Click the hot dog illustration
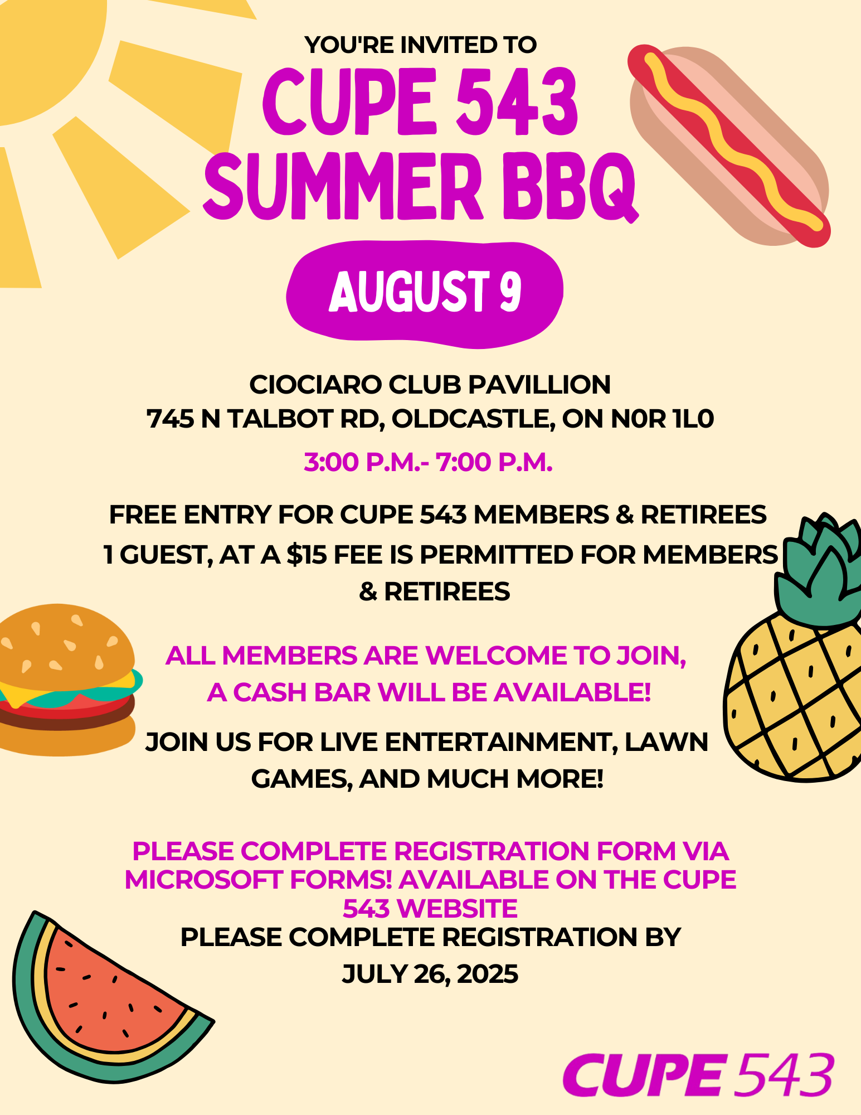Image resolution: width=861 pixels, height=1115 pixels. (729, 145)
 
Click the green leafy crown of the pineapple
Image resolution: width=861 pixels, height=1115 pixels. (819, 571)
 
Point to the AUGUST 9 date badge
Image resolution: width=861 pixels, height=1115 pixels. (425, 294)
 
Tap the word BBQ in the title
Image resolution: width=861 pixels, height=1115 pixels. (570, 186)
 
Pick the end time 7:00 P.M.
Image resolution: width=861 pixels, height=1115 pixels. (494, 462)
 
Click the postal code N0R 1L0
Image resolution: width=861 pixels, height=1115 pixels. (662, 419)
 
